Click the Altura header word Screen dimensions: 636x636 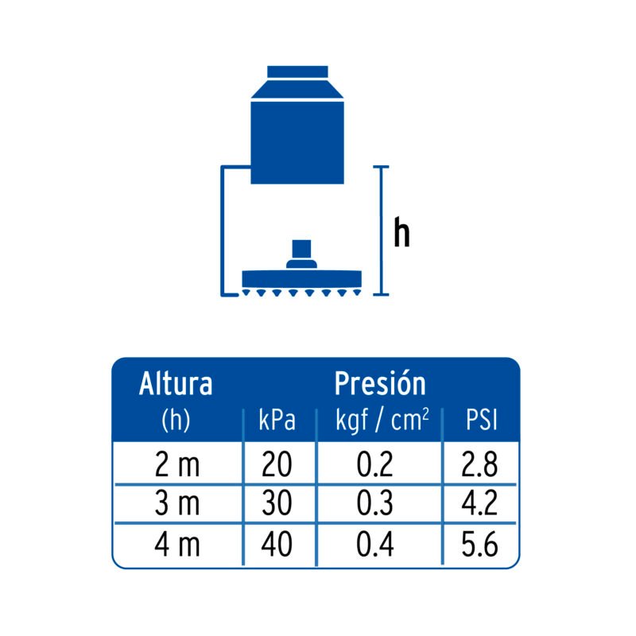click(x=176, y=384)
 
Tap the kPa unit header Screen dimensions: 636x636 click(x=277, y=421)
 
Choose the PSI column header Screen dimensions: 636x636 click(x=481, y=421)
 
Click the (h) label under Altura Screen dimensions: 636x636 click(x=176, y=421)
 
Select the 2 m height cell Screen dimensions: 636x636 click(x=177, y=464)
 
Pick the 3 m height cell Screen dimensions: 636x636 click(x=177, y=503)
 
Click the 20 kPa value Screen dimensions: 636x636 click(x=277, y=464)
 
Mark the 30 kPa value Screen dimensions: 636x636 click(x=277, y=503)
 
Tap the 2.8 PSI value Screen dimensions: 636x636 click(x=479, y=464)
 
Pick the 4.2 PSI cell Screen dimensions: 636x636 click(x=479, y=503)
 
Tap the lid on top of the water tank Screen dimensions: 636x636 click(x=297, y=72)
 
